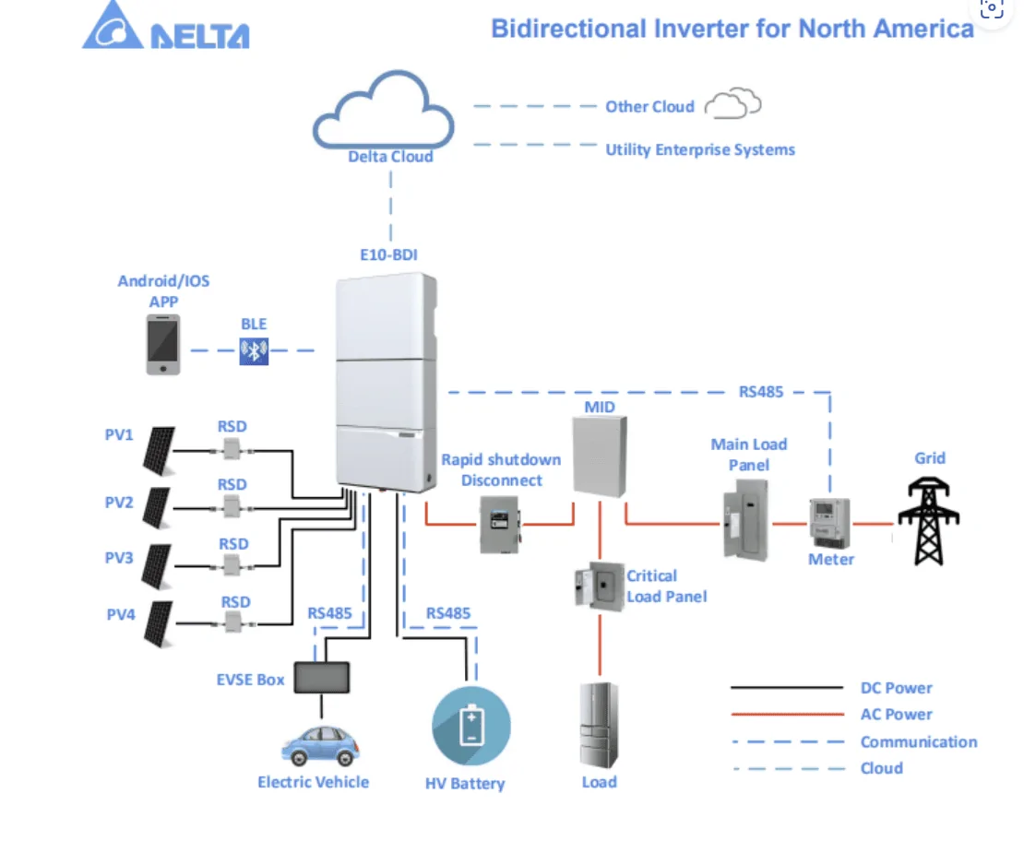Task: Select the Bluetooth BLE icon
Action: tap(254, 350)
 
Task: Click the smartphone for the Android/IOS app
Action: tap(163, 345)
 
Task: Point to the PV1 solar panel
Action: tap(159, 450)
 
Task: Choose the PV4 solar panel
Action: tap(158, 623)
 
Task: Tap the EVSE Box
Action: tap(321, 678)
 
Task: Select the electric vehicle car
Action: tap(320, 744)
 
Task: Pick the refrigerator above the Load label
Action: tap(599, 726)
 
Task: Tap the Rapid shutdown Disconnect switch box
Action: tap(500, 524)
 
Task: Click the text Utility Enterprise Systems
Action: tap(700, 149)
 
